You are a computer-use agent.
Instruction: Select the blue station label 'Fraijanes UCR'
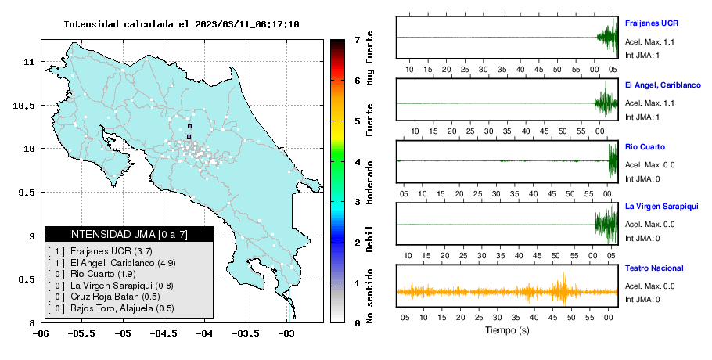pyautogui.click(x=652, y=23)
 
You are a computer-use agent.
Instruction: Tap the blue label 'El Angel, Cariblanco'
pyautogui.click(x=663, y=85)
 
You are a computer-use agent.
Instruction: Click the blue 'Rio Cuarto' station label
pyautogui.click(x=645, y=147)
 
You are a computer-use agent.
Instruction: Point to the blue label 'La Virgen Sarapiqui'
pyautogui.click(x=662, y=207)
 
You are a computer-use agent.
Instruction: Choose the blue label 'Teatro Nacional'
pyautogui.click(x=654, y=268)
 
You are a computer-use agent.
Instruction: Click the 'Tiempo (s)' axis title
pyautogui.click(x=507, y=330)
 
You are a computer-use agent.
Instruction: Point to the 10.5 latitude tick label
pyautogui.click(x=25, y=106)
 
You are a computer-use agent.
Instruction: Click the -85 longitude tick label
pyautogui.click(x=123, y=334)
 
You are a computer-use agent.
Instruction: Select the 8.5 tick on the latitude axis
pyautogui.click(x=27, y=279)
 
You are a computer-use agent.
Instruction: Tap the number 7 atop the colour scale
pyautogui.click(x=358, y=40)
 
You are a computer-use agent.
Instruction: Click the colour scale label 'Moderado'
pyautogui.click(x=370, y=182)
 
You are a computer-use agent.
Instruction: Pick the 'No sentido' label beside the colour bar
pyautogui.click(x=370, y=296)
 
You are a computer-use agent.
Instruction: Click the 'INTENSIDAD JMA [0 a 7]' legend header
pyautogui.click(x=128, y=235)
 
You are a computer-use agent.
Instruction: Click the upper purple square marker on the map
pyautogui.click(x=190, y=127)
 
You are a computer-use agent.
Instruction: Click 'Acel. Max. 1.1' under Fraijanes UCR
pyautogui.click(x=649, y=41)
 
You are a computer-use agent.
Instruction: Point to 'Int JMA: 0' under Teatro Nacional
pyautogui.click(x=642, y=300)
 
